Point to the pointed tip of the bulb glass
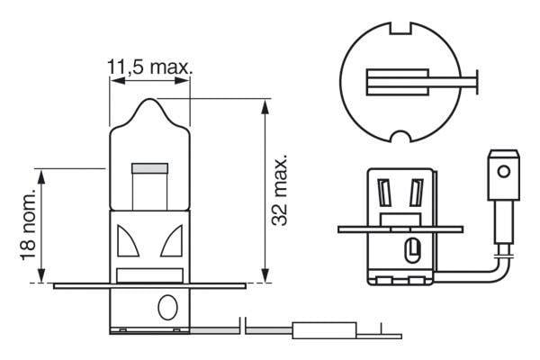click(149, 101)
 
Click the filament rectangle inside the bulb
click(149, 168)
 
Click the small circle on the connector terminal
click(504, 169)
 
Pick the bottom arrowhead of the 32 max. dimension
click(265, 277)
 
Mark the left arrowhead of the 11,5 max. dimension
click(114, 81)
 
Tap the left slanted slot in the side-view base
click(384, 193)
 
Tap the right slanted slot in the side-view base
click(415, 193)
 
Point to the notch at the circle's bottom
click(402, 139)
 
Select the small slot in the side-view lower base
click(412, 247)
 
